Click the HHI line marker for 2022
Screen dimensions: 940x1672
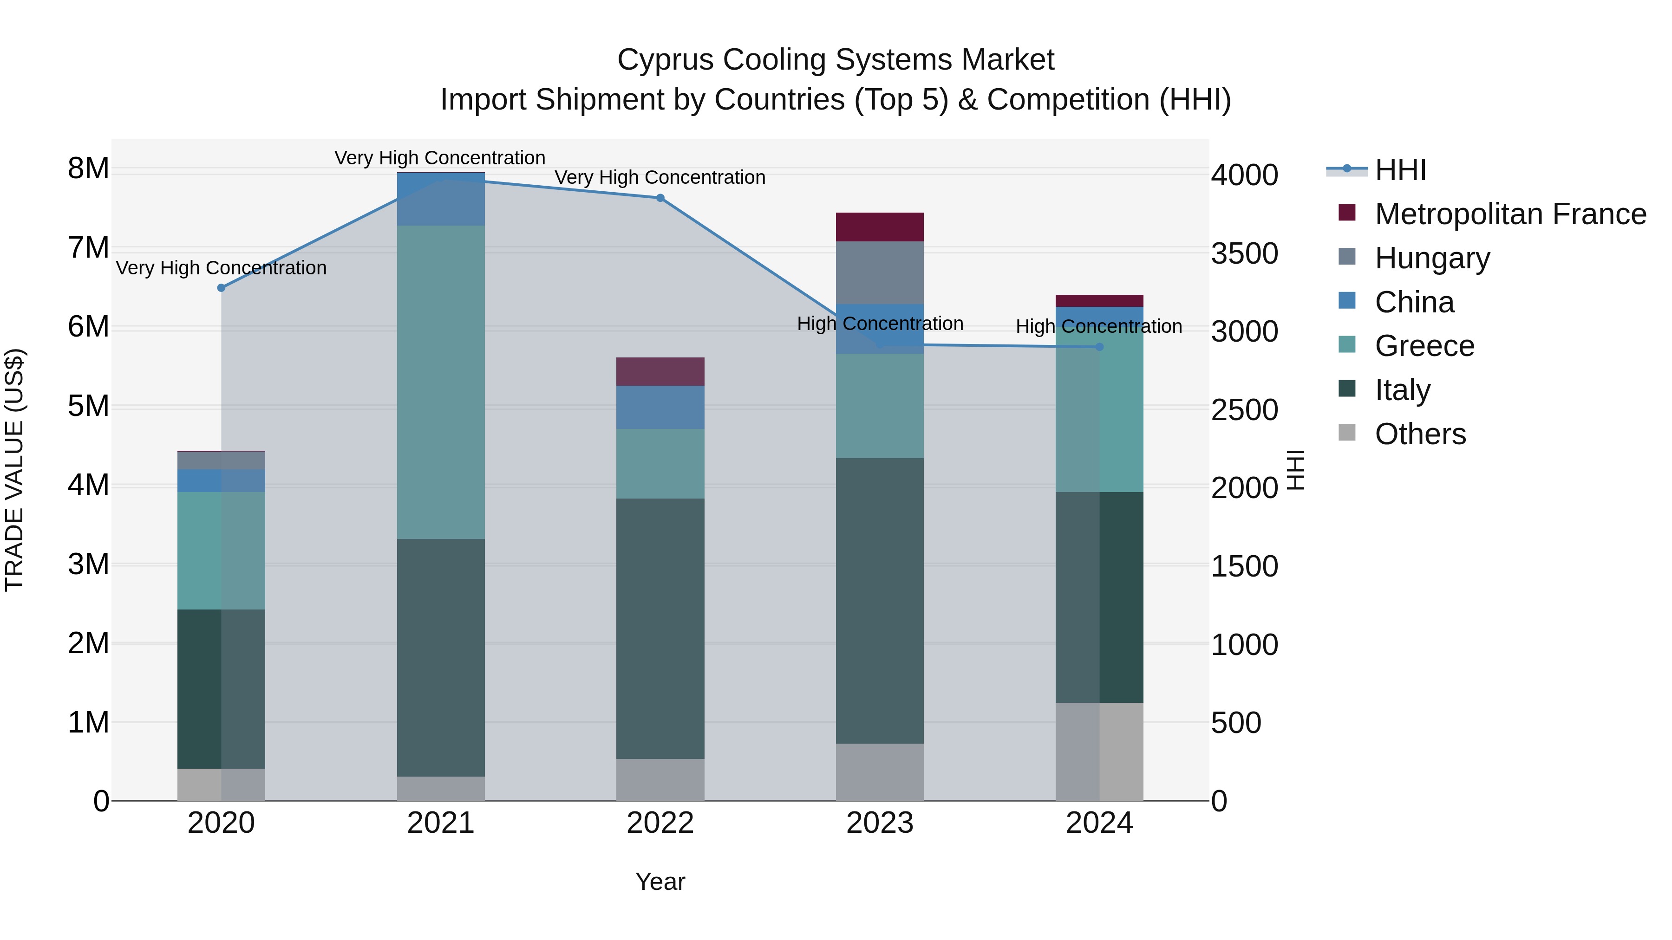point(660,198)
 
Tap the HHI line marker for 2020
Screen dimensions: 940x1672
point(222,287)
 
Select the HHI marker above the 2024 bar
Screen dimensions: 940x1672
point(1099,347)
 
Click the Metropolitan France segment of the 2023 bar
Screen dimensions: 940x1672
point(880,227)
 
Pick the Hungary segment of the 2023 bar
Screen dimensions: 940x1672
point(880,272)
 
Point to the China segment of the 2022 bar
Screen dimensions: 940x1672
point(660,408)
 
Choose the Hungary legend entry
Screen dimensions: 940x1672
point(1432,258)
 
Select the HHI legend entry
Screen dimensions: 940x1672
point(1400,170)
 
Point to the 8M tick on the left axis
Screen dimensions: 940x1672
point(88,169)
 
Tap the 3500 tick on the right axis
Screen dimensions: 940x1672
point(1244,253)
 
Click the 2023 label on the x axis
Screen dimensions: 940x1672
point(880,823)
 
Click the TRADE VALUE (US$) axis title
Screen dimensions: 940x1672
point(14,470)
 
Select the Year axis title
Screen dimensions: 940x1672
point(660,882)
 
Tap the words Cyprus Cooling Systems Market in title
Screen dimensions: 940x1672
point(836,60)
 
